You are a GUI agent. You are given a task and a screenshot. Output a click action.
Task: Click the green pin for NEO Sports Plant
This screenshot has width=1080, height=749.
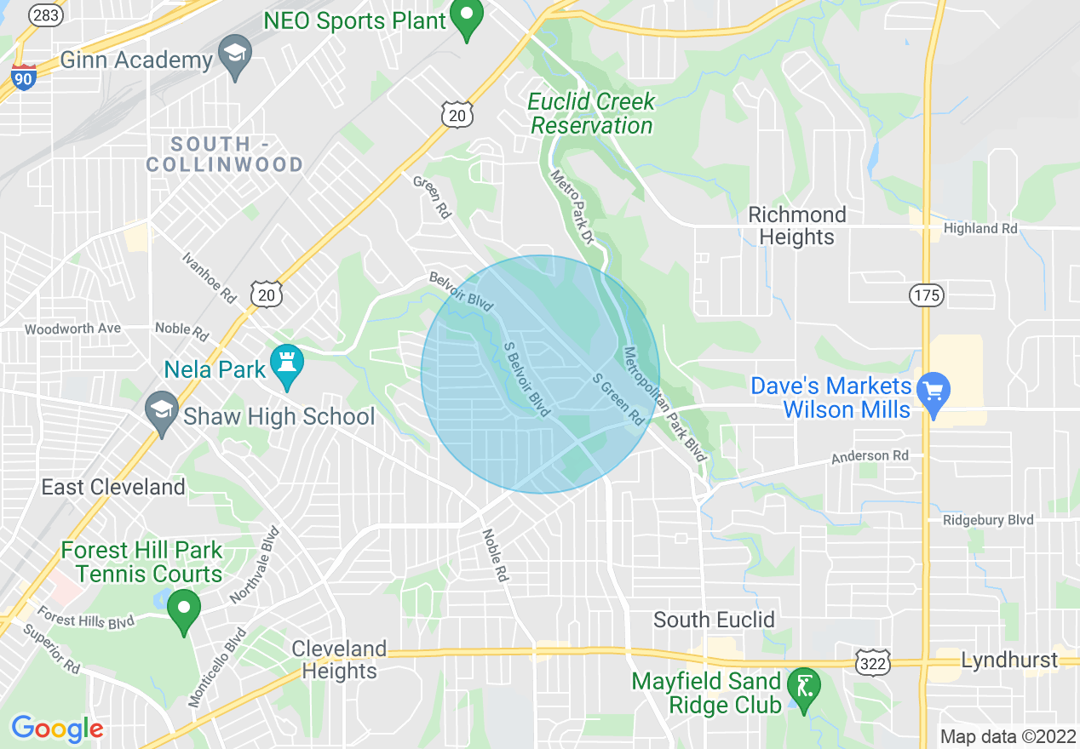pos(466,19)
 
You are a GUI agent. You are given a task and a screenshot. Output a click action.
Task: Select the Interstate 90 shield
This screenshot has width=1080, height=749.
pos(24,77)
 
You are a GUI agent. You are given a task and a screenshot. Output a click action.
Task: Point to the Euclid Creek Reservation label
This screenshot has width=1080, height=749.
pos(591,113)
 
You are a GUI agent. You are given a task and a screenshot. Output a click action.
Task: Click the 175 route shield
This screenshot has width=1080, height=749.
pos(925,295)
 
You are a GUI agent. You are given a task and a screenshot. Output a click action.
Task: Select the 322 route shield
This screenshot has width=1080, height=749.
pos(874,661)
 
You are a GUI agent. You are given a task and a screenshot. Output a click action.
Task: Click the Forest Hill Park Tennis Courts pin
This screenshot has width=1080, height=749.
pos(183,610)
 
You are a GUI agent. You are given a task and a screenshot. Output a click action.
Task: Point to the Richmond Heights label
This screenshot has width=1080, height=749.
pos(796,226)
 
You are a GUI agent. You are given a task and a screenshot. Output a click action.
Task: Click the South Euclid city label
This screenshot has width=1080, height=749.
pos(714,620)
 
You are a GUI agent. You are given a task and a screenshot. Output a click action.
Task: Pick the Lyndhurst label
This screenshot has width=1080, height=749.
pos(1008,660)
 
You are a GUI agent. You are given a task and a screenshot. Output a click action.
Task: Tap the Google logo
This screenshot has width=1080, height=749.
pos(57,729)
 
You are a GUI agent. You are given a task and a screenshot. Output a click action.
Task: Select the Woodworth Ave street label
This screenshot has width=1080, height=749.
pos(72,329)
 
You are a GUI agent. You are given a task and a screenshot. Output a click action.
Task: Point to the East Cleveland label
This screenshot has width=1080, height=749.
pos(113,487)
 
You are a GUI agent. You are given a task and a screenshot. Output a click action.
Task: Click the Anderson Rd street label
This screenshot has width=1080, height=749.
pos(870,456)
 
